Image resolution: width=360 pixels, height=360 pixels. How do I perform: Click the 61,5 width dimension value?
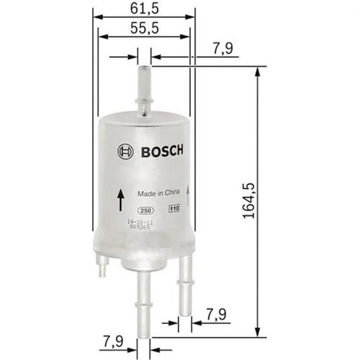(144, 9)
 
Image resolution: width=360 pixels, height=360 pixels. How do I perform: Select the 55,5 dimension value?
(144, 28)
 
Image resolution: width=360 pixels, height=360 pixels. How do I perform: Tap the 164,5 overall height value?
(249, 201)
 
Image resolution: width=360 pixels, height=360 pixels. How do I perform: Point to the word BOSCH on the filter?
(162, 151)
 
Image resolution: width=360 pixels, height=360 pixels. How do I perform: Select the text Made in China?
(158, 193)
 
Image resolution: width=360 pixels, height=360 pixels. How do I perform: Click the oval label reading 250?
(145, 211)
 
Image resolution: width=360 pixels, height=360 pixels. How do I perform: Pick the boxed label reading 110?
(175, 209)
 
